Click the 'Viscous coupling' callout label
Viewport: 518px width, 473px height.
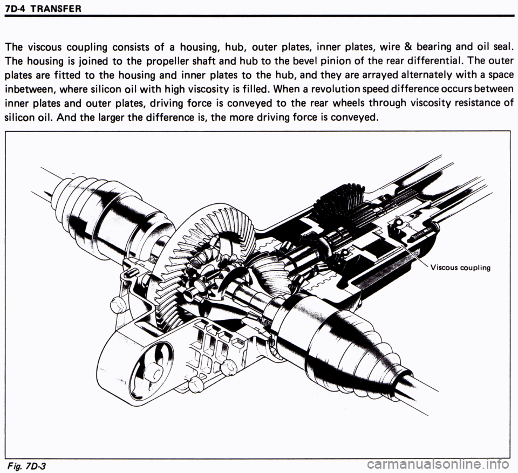click(x=459, y=268)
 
